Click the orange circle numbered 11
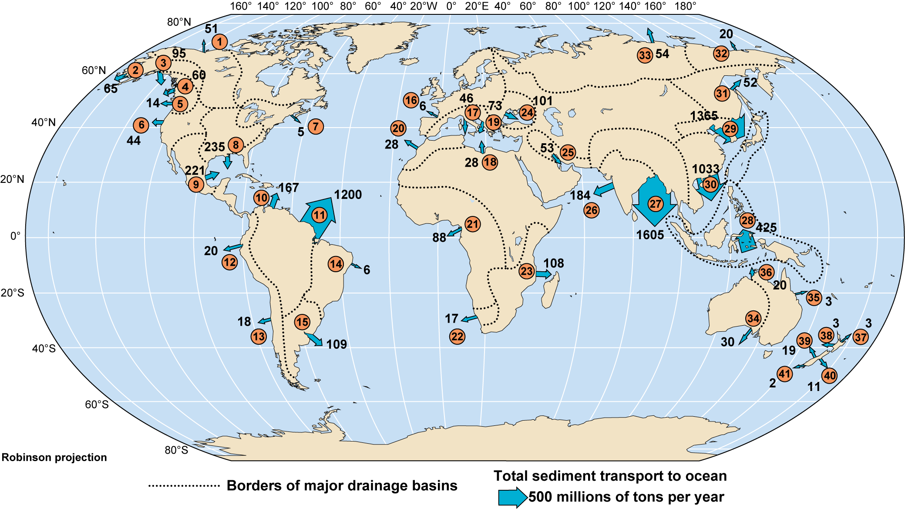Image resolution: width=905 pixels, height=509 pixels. pos(320,215)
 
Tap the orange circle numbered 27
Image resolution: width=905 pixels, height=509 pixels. pos(655,203)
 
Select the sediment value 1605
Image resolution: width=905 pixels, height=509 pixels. pos(650,235)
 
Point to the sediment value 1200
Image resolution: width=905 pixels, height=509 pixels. pos(348,195)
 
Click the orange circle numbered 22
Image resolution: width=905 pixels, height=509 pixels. pos(457,337)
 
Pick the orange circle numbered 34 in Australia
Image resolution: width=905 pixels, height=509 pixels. pos(753,318)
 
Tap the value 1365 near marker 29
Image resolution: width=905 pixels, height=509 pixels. pos(704,115)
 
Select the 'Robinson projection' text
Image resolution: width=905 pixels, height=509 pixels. pos(54,457)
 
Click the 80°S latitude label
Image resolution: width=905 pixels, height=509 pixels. pos(176,450)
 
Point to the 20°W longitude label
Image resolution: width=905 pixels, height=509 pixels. pos(424,6)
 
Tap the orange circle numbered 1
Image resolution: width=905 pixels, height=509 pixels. pos(220,42)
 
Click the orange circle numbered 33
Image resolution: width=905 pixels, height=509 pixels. pos(645,55)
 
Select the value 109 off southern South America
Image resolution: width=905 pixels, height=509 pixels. pos(336,344)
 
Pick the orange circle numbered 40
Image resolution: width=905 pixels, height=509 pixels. pos(829,376)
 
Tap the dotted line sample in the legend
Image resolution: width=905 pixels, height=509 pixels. pos(184,485)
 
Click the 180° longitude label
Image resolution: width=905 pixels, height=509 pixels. pos(685,6)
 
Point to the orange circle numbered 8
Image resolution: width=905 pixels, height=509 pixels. pos(236,145)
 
